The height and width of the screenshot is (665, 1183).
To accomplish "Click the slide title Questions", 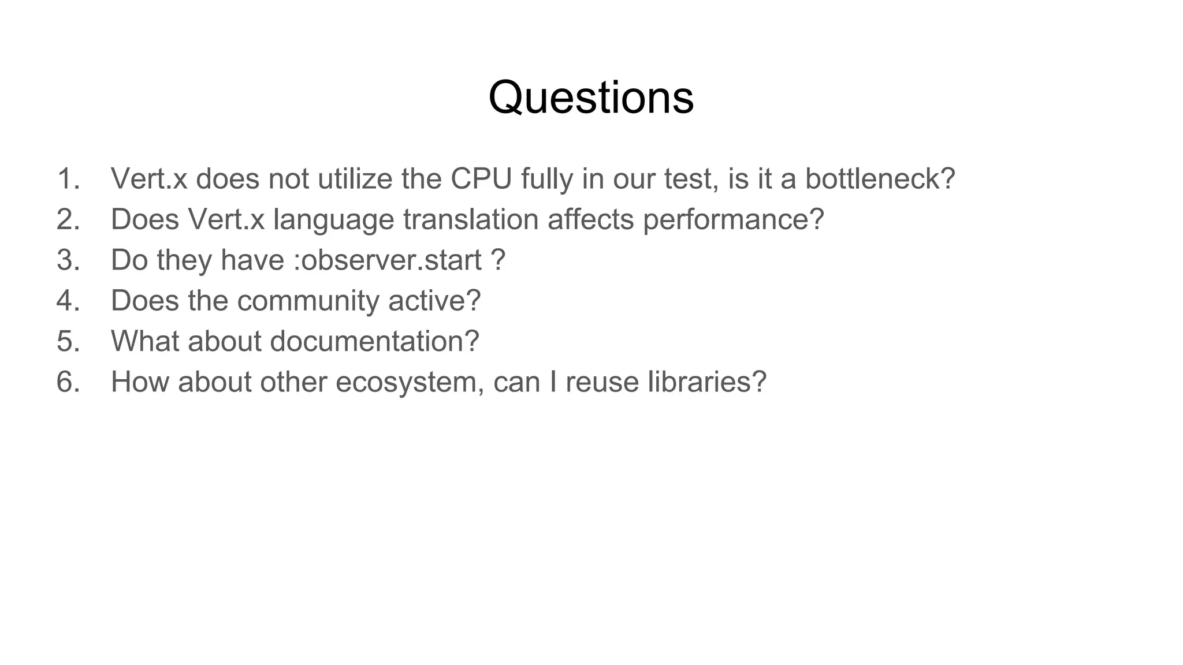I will tap(591, 97).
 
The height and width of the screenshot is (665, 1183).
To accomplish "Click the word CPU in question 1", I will tap(481, 178).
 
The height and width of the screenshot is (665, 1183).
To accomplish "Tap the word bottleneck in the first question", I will tap(880, 178).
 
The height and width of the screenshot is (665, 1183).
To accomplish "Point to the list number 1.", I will tap(68, 178).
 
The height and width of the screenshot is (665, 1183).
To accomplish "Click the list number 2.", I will tap(68, 219).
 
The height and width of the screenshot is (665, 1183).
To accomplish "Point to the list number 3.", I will tap(68, 260).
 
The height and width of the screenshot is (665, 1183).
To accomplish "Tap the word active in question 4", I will tap(434, 301).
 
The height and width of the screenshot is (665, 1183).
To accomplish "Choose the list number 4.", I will tap(68, 301).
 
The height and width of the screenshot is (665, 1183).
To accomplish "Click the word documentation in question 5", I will tap(374, 341).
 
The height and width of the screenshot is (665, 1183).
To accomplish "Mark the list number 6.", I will tap(68, 382).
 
